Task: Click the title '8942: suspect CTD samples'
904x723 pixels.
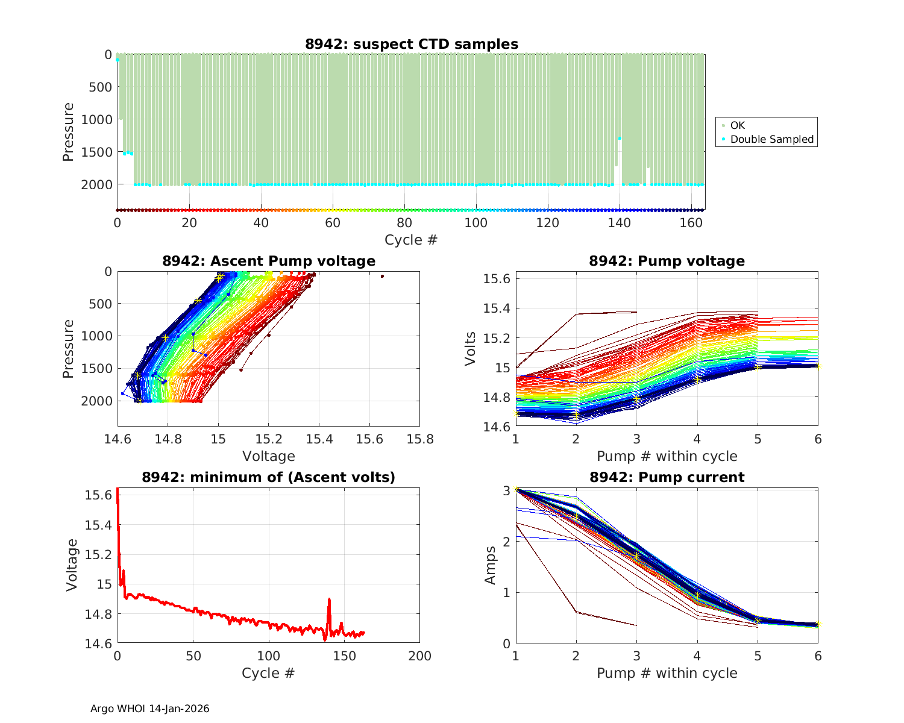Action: pos(411,44)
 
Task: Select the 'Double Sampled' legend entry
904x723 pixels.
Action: pos(771,139)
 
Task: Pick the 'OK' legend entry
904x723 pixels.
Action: pos(737,125)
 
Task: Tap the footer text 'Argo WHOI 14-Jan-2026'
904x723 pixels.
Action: pos(149,709)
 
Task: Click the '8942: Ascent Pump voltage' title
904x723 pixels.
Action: pos(269,261)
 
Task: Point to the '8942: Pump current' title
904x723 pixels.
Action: pos(667,477)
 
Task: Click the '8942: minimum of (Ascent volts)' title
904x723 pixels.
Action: pos(269,477)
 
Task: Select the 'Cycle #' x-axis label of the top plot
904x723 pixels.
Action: pos(411,240)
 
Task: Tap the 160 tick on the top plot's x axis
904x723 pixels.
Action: pos(691,222)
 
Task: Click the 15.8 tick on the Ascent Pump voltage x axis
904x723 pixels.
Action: pos(419,439)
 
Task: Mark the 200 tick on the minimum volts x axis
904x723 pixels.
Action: pos(419,656)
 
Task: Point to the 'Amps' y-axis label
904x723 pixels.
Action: pos(491,565)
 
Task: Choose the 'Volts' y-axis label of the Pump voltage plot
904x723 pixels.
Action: pos(471,349)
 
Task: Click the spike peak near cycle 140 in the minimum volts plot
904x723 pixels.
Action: pos(329,599)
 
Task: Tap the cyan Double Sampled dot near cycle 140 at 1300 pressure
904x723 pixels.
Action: pos(620,139)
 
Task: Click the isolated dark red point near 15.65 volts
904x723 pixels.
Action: pos(382,276)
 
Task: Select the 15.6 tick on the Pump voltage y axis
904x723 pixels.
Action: pos(497,279)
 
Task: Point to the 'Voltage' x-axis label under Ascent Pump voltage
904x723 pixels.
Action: pos(269,456)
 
